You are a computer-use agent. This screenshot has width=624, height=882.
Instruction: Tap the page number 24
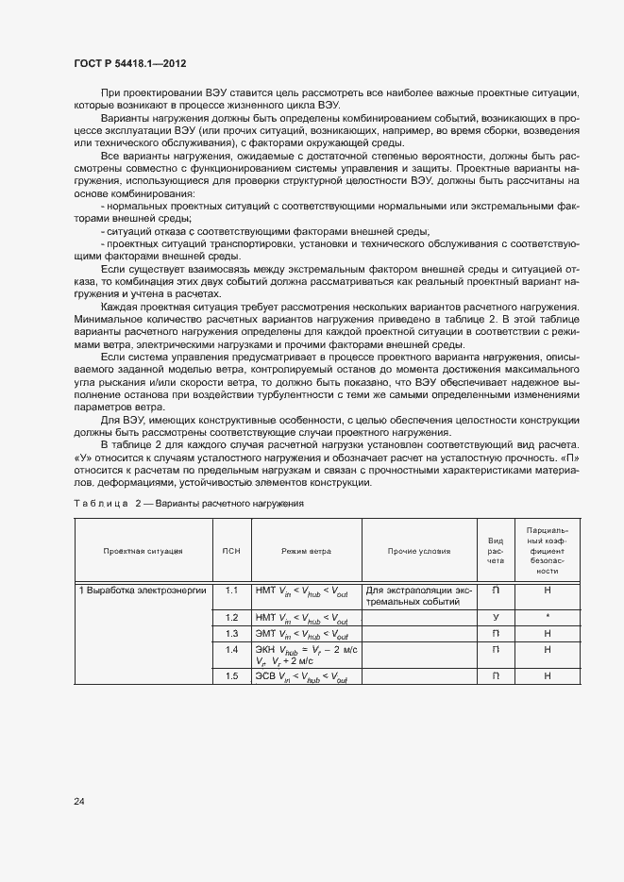click(79, 802)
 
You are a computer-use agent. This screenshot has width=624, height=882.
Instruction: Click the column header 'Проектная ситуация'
click(143, 551)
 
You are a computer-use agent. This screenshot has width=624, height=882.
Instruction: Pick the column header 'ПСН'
click(230, 551)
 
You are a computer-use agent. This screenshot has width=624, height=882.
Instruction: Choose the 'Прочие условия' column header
click(419, 551)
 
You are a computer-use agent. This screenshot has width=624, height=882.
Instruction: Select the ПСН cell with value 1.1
click(230, 591)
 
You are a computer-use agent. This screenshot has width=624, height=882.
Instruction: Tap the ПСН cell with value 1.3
click(230, 634)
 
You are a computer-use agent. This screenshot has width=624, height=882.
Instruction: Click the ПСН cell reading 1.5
click(230, 676)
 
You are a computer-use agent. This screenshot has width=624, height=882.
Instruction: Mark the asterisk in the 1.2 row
click(548, 617)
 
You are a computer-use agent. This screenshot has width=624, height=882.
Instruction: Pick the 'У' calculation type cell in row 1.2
click(496, 617)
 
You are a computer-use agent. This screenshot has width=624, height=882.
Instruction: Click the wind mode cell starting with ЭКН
click(306, 656)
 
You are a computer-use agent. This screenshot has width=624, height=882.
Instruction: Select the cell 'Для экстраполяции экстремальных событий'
click(419, 596)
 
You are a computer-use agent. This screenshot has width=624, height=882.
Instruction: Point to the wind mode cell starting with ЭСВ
click(302, 677)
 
